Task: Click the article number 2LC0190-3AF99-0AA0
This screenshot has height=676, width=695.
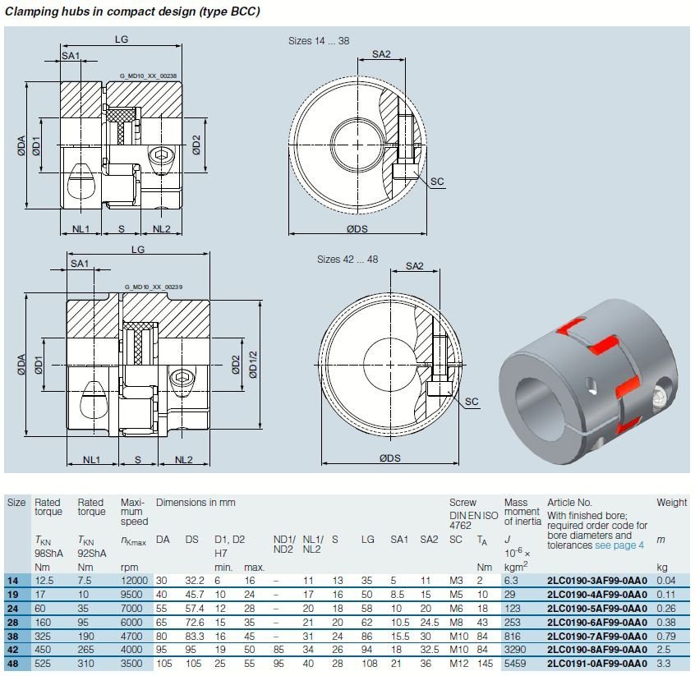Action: (597, 581)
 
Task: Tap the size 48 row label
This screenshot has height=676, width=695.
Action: (12, 663)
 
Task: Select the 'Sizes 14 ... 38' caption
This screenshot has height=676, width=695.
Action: (319, 40)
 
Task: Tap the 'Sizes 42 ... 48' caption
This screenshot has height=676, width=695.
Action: (347, 260)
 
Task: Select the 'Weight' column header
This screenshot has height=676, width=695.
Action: (671, 502)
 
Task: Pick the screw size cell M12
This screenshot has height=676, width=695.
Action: (458, 663)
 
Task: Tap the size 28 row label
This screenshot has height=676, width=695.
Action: (12, 622)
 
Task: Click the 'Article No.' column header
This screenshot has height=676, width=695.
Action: (569, 502)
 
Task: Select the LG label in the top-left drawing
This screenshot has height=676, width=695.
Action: (122, 40)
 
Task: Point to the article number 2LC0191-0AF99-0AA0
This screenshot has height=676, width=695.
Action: (597, 663)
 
